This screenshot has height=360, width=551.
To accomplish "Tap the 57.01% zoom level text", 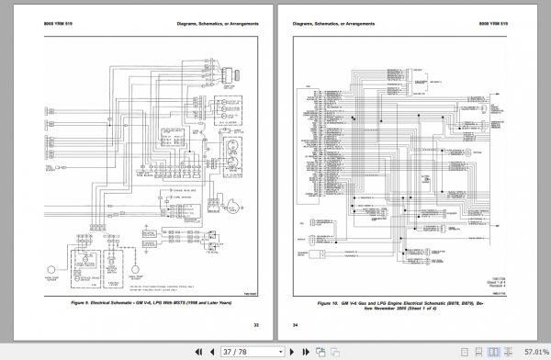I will [533, 351].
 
